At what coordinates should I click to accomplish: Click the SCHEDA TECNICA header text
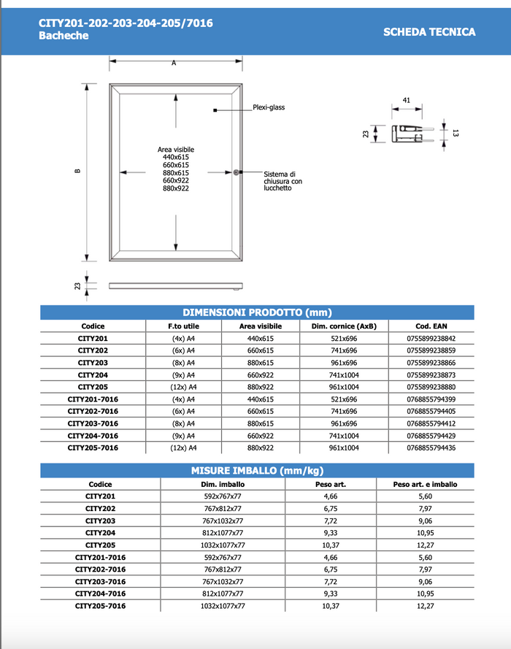click(x=429, y=31)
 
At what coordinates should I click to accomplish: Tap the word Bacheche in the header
click(x=64, y=36)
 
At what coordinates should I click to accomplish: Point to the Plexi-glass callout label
click(x=269, y=107)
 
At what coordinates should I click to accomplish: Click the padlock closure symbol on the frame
click(x=237, y=173)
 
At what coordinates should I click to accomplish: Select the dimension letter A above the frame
click(x=174, y=64)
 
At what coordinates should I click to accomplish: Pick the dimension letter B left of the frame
click(x=77, y=172)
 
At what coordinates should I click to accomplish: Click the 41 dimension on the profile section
click(x=407, y=100)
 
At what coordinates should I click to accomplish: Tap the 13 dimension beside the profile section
click(x=454, y=134)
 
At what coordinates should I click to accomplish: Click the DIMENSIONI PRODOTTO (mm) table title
click(x=257, y=312)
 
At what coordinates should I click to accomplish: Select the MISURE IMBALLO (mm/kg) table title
click(x=257, y=470)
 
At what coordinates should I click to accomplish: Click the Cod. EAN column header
click(x=431, y=326)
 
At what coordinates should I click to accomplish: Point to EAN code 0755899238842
click(x=431, y=339)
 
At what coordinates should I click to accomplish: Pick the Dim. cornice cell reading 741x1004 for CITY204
click(x=344, y=375)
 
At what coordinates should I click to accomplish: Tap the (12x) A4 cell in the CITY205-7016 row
click(x=183, y=448)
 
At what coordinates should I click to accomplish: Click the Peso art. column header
click(x=330, y=484)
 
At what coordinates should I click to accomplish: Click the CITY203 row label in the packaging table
click(x=100, y=521)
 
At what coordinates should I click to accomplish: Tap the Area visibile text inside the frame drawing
click(x=176, y=150)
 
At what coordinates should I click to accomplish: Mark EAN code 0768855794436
click(x=431, y=448)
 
